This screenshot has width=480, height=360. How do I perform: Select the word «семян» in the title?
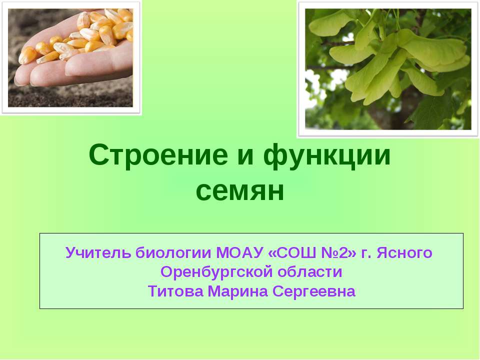(x=240, y=191)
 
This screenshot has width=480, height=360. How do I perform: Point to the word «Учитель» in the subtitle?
(x=98, y=253)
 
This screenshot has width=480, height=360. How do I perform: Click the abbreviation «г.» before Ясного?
(x=366, y=253)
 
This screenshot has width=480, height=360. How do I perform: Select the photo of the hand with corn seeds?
(x=70, y=57)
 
